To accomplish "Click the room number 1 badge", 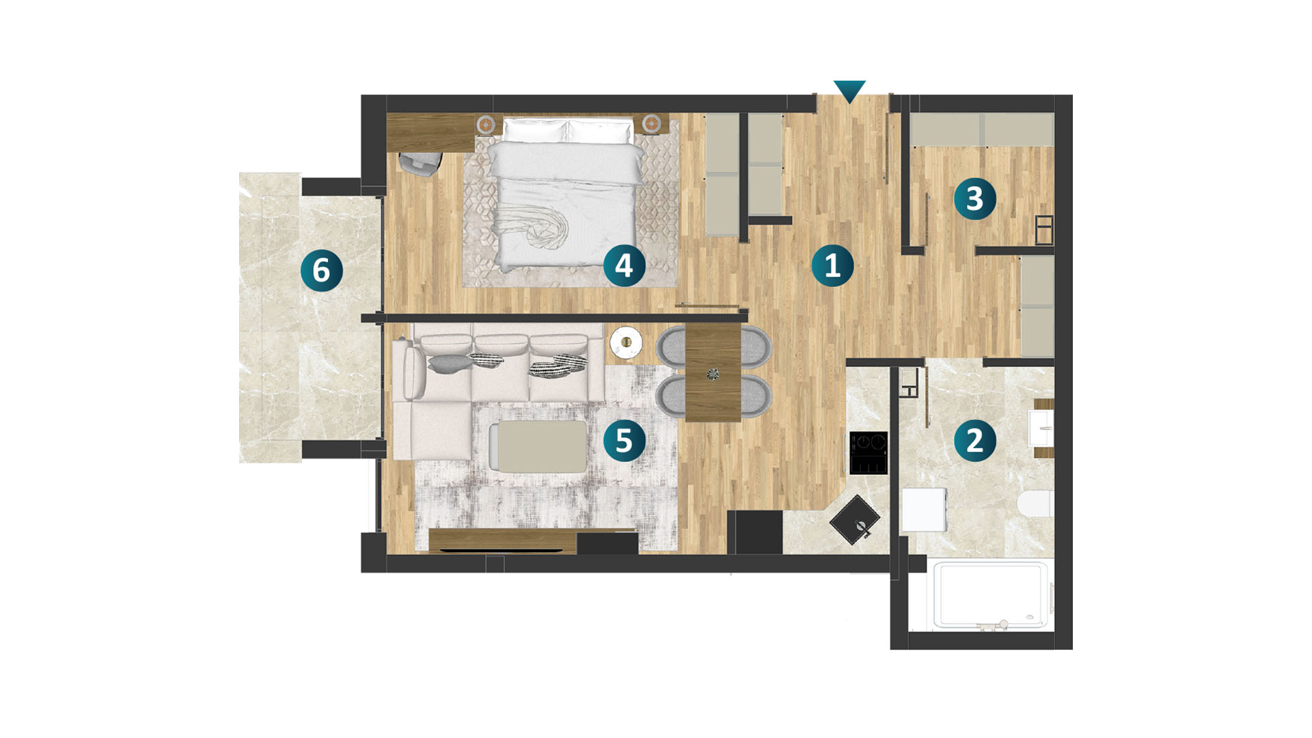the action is click(832, 265).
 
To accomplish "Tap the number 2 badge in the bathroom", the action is click(974, 440).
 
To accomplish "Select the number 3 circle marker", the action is click(974, 199).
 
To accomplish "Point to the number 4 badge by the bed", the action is click(624, 265).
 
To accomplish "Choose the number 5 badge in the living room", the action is click(624, 440).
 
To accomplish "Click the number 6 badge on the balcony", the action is click(321, 270).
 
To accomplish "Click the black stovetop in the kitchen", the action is click(869, 453).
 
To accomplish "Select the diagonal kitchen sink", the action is click(854, 520).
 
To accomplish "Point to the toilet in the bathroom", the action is click(1035, 504).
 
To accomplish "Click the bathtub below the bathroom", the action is click(992, 594).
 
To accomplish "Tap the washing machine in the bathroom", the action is click(925, 509).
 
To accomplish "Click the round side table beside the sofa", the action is click(626, 342).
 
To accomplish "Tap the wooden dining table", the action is click(713, 373).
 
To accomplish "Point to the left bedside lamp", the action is click(485, 124).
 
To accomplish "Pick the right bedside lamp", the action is click(652, 124).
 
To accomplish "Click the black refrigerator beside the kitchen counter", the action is click(754, 532).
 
